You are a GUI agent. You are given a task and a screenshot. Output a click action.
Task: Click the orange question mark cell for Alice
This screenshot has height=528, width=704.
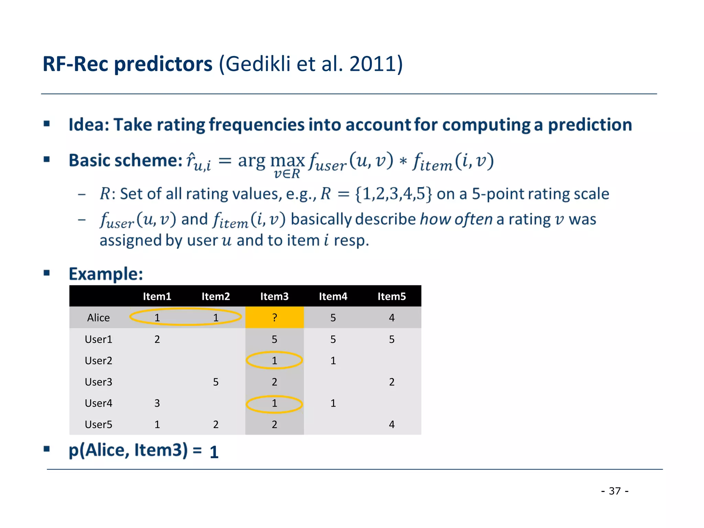(274, 317)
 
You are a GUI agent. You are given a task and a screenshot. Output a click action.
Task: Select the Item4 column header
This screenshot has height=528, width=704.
(333, 296)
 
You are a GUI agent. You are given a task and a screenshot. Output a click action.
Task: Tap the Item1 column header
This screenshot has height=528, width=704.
(157, 296)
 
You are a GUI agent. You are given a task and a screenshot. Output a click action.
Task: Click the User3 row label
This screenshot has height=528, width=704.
(98, 382)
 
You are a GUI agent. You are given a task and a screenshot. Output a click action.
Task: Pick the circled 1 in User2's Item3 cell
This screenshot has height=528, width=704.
(274, 361)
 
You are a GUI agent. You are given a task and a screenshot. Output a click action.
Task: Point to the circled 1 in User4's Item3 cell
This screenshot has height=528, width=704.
(274, 403)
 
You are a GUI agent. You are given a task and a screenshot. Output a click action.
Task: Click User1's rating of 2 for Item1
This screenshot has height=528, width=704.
(157, 339)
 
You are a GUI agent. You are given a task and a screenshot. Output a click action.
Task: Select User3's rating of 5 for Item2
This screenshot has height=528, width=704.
(216, 382)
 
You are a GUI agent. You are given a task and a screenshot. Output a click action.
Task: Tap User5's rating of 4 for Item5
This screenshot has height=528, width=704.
(392, 425)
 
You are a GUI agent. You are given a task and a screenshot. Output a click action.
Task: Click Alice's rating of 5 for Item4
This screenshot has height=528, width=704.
(333, 318)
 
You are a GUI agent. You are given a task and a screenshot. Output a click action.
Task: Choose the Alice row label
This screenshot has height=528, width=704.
(98, 318)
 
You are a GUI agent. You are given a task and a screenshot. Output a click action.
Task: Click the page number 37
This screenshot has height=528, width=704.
(615, 491)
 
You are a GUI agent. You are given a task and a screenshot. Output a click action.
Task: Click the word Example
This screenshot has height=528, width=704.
(106, 274)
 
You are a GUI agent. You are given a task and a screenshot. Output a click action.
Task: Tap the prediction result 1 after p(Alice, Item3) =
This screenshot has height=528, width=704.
(214, 452)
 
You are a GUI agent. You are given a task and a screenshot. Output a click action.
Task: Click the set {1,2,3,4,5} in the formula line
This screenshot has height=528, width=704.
(393, 194)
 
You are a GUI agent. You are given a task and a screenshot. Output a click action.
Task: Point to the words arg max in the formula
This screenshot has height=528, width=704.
(271, 161)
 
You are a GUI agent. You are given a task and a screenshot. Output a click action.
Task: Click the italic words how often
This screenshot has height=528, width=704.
(456, 219)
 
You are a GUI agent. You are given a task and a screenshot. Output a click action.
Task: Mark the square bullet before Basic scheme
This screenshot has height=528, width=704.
(47, 159)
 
